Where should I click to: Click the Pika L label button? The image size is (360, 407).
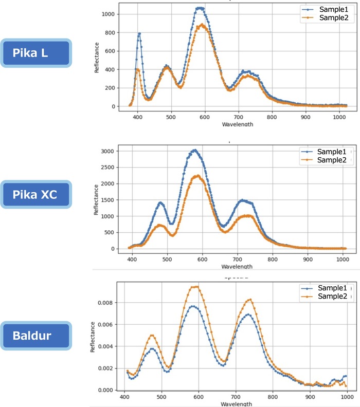click(x=35, y=52)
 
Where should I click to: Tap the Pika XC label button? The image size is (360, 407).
click(x=35, y=194)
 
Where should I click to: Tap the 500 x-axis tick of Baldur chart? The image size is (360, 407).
click(x=161, y=398)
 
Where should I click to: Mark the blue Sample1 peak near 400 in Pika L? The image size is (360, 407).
click(x=139, y=34)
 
